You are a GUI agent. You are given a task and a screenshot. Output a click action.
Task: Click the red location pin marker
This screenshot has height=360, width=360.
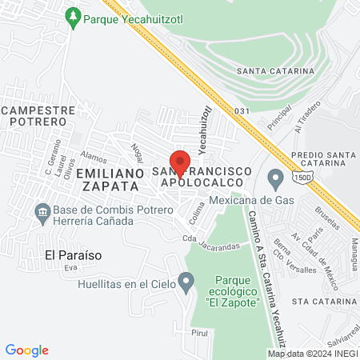pyautogui.click(x=180, y=162)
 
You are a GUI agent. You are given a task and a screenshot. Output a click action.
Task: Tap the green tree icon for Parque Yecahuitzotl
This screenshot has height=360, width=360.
pyautogui.click(x=73, y=16)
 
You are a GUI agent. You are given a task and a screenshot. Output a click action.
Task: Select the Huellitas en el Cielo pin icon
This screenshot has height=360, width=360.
pyautogui.click(x=186, y=281)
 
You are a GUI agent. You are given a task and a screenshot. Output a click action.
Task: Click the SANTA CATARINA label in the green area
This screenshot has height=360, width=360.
pyautogui.click(x=276, y=71)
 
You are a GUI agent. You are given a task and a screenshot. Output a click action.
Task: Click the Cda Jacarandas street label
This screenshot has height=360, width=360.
pyautogui.click(x=211, y=240)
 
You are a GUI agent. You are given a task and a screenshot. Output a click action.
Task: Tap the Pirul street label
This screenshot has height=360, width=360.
pyautogui.click(x=199, y=333)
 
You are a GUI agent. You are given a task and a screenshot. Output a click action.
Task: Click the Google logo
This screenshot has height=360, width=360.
pyautogui.click(x=26, y=350)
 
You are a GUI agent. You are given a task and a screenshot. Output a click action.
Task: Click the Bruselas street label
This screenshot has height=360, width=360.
pyautogui.click(x=330, y=221)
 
